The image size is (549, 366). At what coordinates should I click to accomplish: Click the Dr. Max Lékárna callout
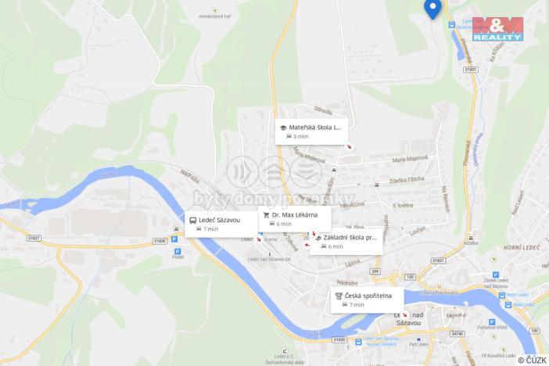tap(294, 218)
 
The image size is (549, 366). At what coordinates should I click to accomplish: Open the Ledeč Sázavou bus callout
tap(221, 224)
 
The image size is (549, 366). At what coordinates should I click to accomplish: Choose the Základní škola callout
tap(346, 241)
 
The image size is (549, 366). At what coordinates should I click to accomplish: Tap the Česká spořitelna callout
tap(368, 300)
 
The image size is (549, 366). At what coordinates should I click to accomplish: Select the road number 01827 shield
tap(34, 238)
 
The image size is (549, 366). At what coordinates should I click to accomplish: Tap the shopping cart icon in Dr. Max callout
tap(266, 214)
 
